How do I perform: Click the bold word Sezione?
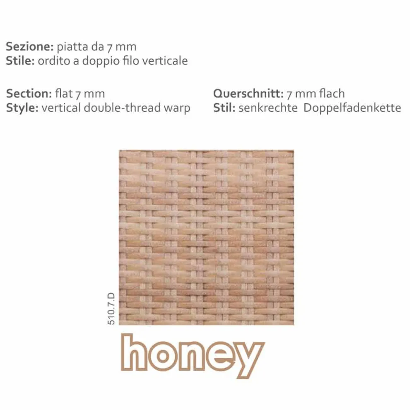point(30,46)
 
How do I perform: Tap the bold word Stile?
point(20,60)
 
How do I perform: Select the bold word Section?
point(29,93)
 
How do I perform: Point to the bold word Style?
point(22,108)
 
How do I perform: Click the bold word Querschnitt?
point(248,93)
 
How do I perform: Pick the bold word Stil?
point(224,108)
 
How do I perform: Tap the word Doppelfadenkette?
point(352,108)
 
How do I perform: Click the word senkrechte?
point(268,108)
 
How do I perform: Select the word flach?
point(333,93)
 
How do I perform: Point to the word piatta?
point(72,47)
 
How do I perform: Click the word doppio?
point(98,61)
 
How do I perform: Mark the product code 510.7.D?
point(111,309)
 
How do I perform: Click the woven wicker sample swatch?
point(206,237)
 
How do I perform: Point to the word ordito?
point(54,60)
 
